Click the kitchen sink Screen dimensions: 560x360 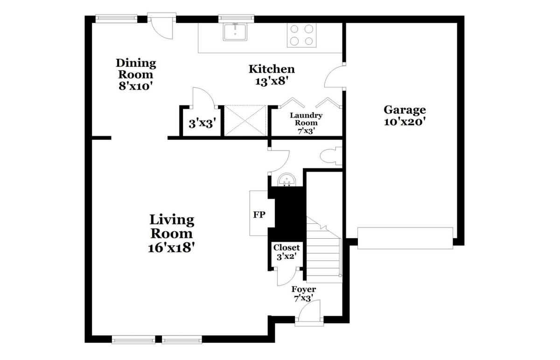click(235, 32)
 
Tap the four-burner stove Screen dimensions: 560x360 click(301, 35)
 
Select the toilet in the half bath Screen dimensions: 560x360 click(331, 156)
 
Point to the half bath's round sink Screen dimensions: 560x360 click(287, 180)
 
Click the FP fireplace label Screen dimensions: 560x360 click(259, 215)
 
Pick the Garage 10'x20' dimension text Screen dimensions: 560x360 click(405, 122)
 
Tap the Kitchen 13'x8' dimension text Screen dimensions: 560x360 click(272, 81)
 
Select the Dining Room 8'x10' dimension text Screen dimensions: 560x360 click(135, 86)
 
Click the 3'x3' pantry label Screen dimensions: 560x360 click(202, 124)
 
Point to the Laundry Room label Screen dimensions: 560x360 click(306, 119)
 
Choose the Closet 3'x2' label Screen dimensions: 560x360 click(287, 252)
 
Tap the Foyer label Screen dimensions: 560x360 click(303, 289)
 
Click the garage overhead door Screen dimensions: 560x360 click(405, 238)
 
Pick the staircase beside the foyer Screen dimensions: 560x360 click(324, 250)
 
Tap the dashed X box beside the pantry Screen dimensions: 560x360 click(245, 121)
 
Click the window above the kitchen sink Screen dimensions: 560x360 click(236, 18)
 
